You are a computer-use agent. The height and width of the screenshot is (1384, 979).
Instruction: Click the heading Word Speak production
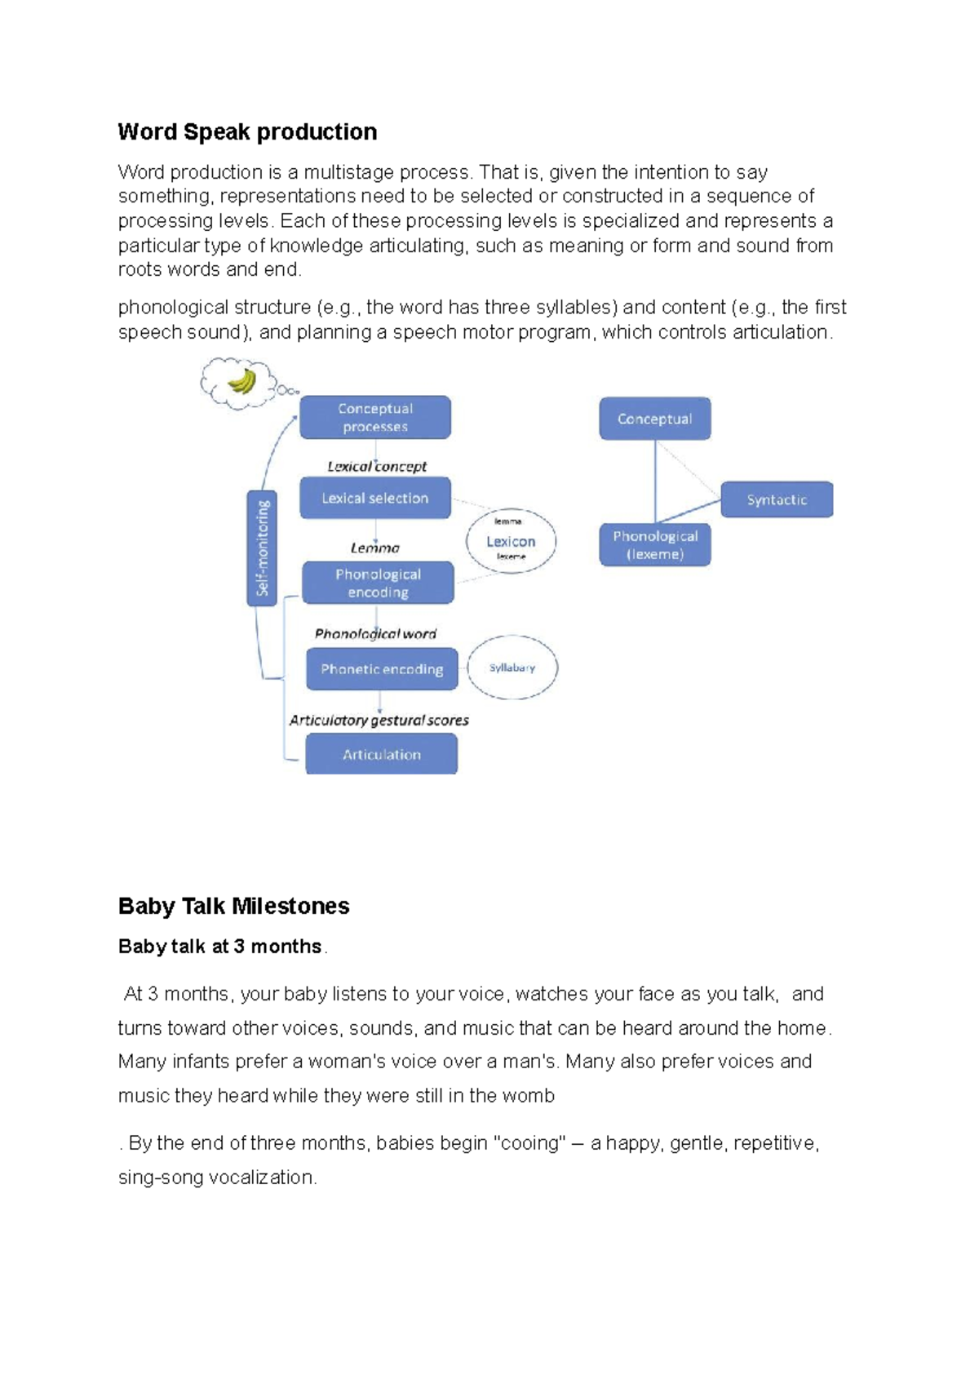247,132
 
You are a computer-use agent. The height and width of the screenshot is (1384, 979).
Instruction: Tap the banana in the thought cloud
241,381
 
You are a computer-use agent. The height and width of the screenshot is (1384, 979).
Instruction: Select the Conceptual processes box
374,418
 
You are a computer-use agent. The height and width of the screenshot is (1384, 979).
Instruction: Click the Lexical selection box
374,498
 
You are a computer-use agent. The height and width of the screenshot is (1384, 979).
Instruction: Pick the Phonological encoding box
378,583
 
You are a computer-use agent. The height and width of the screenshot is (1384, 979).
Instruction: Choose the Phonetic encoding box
382,669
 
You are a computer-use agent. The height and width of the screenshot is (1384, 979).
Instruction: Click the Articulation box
381,754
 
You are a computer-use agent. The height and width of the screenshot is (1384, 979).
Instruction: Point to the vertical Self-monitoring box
262,548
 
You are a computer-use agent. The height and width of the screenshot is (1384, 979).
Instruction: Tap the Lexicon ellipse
511,541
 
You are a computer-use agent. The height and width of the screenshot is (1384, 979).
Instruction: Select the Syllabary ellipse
512,668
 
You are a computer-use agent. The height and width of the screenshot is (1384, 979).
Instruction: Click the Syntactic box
776,499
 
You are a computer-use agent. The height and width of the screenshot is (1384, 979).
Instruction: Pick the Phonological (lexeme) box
655,544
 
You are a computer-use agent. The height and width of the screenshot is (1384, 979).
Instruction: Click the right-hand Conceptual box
654,419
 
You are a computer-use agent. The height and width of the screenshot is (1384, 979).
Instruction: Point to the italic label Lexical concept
377,467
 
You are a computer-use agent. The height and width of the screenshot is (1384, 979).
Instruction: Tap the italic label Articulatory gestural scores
379,720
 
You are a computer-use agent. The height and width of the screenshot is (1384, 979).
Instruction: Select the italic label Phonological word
375,634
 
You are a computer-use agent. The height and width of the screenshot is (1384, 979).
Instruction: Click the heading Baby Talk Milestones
233,906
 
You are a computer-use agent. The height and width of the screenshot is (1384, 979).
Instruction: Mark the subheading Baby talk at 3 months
219,947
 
